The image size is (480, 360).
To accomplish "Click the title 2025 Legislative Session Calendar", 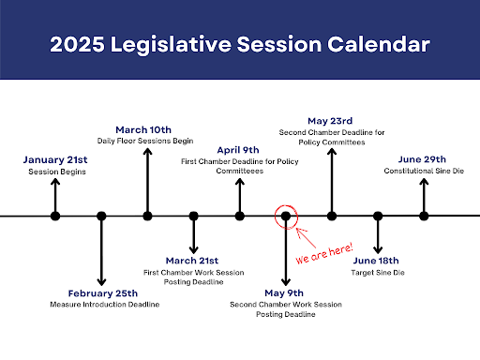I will coord(240,43).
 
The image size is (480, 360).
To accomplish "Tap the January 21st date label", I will coord(55,159).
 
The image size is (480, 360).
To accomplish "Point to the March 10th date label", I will coord(147,128).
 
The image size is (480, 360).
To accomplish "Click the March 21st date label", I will coord(193,260).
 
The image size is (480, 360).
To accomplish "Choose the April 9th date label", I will coord(239,149).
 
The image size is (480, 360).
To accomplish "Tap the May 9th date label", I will coord(285,292).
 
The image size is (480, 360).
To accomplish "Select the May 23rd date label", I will coord(331,120).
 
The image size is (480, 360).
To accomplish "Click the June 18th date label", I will coord(377,260).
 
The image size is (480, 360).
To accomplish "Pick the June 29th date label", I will coord(423,159).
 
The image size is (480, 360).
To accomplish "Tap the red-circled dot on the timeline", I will coord(285,217).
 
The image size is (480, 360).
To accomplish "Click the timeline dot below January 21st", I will coord(55,217).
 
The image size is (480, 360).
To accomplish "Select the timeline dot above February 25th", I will coord(101,217).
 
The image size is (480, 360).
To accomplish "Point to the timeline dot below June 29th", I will coord(424,217).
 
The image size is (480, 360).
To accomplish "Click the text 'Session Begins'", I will coord(55,171).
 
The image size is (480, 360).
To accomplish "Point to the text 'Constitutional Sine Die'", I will coord(423,171).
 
